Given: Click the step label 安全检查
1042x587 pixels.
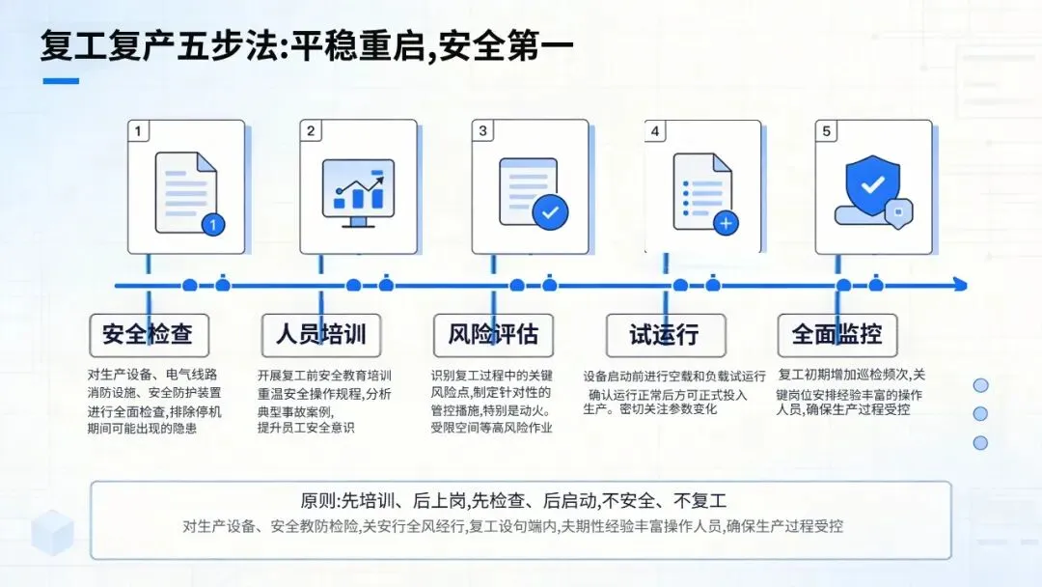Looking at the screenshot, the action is pyautogui.click(x=148, y=334).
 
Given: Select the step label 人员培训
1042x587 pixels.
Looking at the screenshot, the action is pyautogui.click(x=320, y=334).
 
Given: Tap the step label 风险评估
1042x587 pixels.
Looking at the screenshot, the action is pyautogui.click(x=493, y=335).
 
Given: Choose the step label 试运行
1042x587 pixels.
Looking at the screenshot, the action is pyautogui.click(x=664, y=335).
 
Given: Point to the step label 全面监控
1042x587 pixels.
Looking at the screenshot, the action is pyautogui.click(x=836, y=334).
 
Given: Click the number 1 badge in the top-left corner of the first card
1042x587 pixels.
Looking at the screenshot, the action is pyautogui.click(x=139, y=130).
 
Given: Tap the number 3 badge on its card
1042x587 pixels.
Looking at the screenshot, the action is pyautogui.click(x=483, y=130).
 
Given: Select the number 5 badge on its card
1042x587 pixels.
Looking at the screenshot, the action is pyautogui.click(x=826, y=130).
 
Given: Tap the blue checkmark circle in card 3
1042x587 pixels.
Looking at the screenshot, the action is pyautogui.click(x=550, y=211).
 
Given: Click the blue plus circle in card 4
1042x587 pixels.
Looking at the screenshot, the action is pyautogui.click(x=727, y=223).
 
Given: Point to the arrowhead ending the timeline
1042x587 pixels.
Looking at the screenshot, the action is pyautogui.click(x=959, y=285).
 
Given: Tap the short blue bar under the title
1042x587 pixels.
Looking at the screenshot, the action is pyautogui.click(x=61, y=81).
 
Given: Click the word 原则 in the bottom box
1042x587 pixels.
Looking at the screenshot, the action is pyautogui.click(x=320, y=501).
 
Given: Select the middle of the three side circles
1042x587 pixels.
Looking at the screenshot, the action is pyautogui.click(x=980, y=414).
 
